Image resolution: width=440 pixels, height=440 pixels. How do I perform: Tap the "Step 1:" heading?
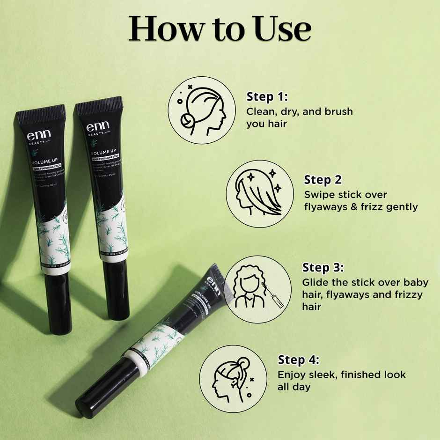coord(267,97)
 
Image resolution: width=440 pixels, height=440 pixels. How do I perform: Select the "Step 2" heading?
coord(323,180)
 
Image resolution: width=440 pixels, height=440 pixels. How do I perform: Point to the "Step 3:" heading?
coord(323,268)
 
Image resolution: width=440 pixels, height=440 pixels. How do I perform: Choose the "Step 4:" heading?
coord(299,360)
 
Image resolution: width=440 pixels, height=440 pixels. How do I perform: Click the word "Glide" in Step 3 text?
coord(315,282)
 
